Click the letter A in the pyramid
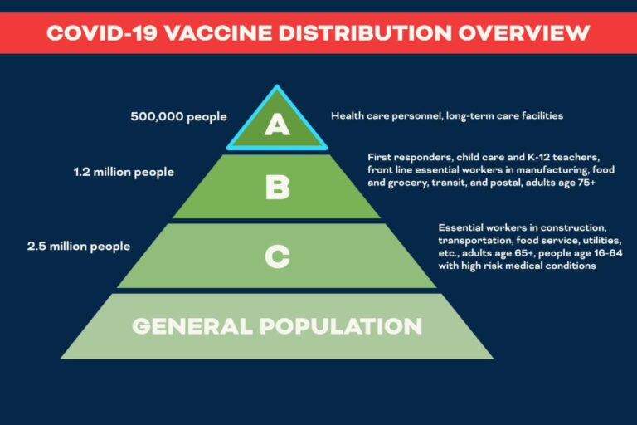(277, 125)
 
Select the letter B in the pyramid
(277, 187)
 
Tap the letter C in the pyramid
(277, 256)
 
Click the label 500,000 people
(178, 116)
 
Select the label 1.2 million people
(124, 172)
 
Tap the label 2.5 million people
(79, 246)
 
